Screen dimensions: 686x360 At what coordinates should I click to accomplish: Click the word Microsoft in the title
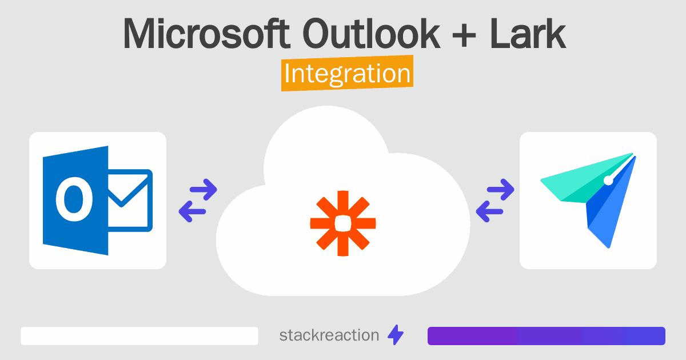pos(206,33)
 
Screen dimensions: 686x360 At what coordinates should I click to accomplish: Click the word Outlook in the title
pos(371,33)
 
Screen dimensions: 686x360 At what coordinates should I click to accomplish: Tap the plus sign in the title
pos(464,37)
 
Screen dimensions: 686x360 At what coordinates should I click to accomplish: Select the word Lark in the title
pos(527,33)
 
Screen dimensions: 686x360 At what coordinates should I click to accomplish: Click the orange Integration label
pos(348,73)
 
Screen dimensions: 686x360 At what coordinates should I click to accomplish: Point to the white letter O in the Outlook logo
pos(74,199)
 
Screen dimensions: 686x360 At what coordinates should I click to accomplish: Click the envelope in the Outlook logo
pos(130,200)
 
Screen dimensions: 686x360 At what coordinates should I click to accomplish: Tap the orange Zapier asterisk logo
pos(343,223)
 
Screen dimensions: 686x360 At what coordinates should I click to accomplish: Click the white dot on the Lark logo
pos(608,181)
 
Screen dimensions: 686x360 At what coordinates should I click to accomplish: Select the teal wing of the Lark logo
pos(582,181)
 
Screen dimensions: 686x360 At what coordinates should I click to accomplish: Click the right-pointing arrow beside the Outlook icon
pos(204,190)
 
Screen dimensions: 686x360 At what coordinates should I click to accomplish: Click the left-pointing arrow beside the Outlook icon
pos(192,211)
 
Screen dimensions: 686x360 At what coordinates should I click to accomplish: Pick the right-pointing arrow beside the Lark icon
pos(500,190)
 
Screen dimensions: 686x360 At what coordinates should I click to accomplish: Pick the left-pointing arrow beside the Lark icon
pos(489,211)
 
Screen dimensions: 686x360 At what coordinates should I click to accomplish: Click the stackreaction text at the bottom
pos(329,335)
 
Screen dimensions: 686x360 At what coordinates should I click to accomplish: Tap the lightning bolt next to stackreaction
pos(396,335)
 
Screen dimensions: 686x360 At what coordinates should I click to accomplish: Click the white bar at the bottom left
pos(139,336)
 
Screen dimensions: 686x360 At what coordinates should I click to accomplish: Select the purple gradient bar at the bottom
pos(547,336)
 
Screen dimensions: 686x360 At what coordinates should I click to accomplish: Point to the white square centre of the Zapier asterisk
pos(343,223)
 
